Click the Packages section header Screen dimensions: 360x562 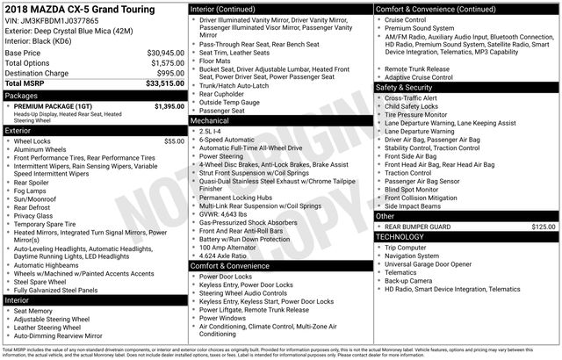coord(21,95)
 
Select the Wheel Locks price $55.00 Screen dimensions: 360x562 coord(174,140)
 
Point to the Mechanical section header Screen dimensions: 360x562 coord(210,121)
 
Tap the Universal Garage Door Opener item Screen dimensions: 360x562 coord(438,263)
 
